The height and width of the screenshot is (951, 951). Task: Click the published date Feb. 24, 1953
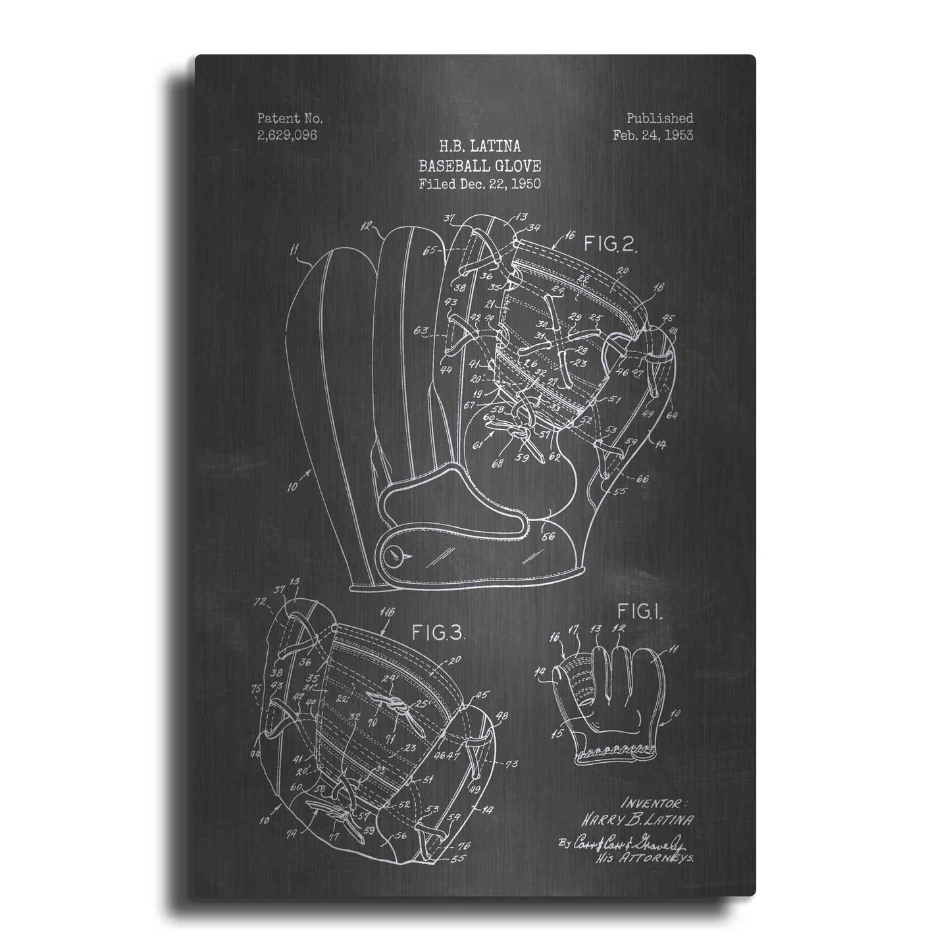point(653,136)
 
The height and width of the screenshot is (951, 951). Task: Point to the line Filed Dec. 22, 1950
point(480,184)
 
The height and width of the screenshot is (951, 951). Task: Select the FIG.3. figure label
point(438,633)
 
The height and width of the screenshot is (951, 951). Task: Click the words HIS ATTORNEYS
point(655,860)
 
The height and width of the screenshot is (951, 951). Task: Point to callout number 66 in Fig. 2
point(642,478)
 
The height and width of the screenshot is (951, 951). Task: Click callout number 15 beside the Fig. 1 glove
point(559,733)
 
